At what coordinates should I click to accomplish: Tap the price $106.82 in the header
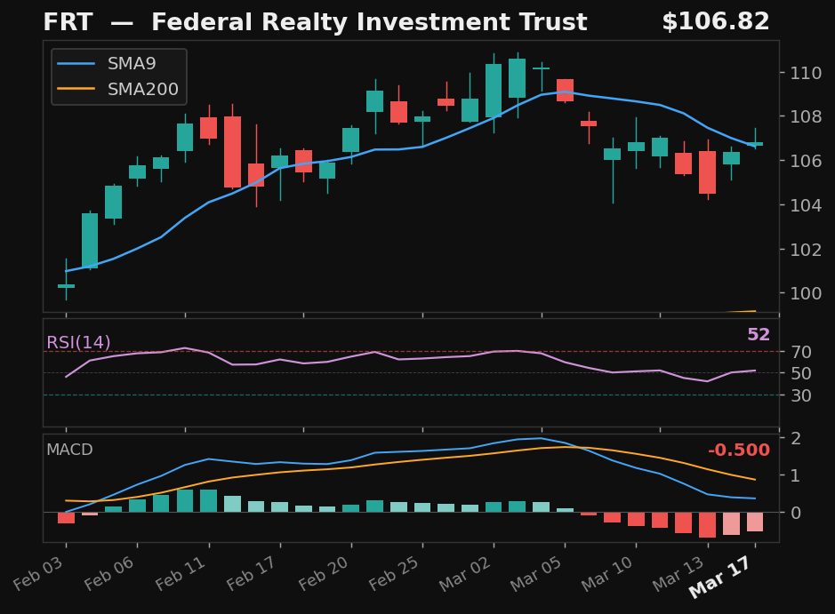tap(715, 23)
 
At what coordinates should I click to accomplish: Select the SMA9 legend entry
tap(131, 64)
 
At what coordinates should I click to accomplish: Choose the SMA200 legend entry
tap(142, 90)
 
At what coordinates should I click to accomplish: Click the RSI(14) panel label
tap(78, 343)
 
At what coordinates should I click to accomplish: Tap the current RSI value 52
tap(758, 336)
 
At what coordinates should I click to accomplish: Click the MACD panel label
tap(69, 451)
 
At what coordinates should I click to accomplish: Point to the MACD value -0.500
tap(738, 451)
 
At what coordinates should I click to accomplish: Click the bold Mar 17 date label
tap(720, 581)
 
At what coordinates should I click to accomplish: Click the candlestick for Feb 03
tap(66, 286)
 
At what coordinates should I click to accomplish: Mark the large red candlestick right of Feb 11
tap(232, 152)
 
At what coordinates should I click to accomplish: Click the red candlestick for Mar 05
tap(565, 90)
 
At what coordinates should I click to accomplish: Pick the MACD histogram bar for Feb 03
tap(66, 518)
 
